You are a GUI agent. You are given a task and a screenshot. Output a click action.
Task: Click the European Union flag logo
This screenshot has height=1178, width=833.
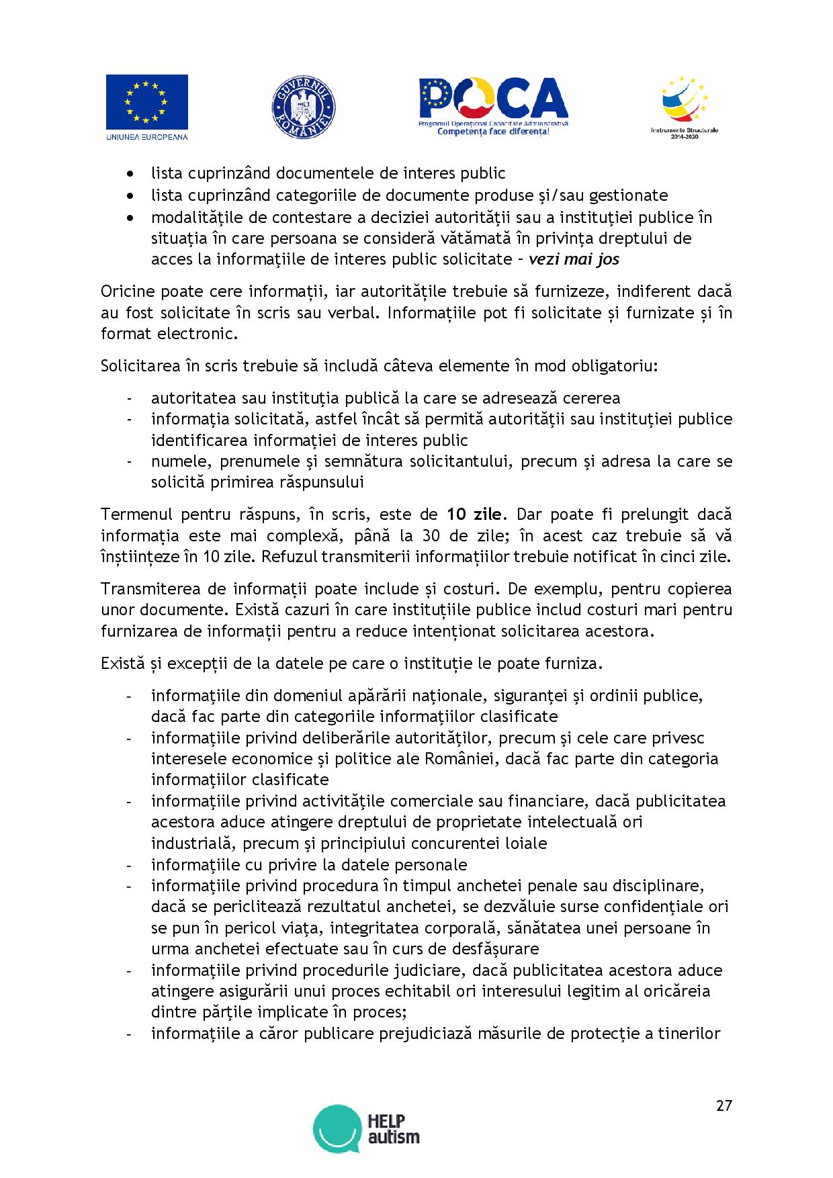coord(146,102)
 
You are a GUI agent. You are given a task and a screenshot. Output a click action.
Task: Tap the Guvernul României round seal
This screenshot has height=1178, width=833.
coord(303,108)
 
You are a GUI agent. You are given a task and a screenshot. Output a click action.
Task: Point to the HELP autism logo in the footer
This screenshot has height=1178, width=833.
coord(367,1130)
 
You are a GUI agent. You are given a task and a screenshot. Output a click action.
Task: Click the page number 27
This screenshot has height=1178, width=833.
coord(724,1105)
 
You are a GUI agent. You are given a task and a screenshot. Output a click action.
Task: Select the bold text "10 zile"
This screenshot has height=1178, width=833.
coord(474,515)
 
